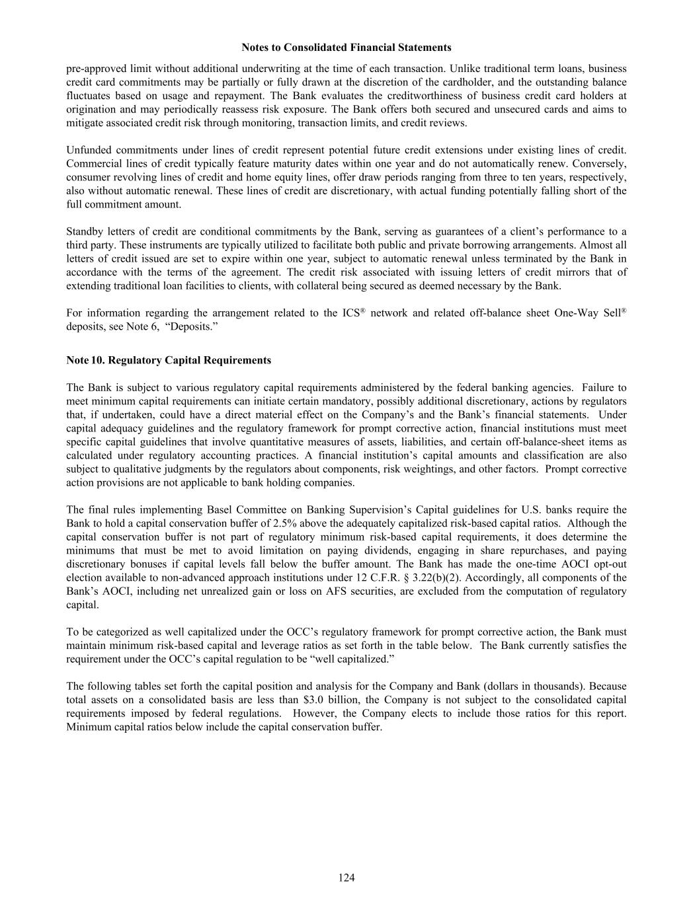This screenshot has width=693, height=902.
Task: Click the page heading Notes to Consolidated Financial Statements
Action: pos(346,48)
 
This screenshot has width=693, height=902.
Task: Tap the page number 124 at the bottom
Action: pos(346,878)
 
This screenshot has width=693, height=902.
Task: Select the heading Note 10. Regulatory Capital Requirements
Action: pos(169,360)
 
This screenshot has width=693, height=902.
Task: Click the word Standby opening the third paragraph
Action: pos(85,231)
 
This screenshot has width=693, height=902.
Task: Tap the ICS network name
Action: pos(352,313)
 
